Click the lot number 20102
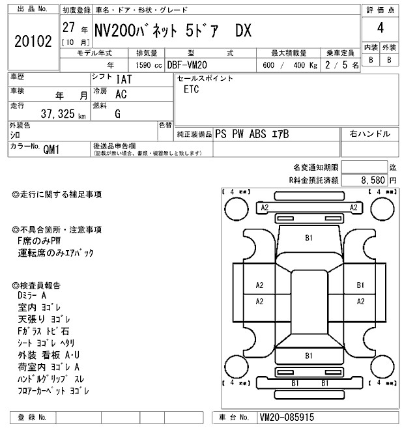point(32,41)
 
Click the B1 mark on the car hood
point(308,239)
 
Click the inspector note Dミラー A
point(37,296)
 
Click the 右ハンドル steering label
point(369,134)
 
